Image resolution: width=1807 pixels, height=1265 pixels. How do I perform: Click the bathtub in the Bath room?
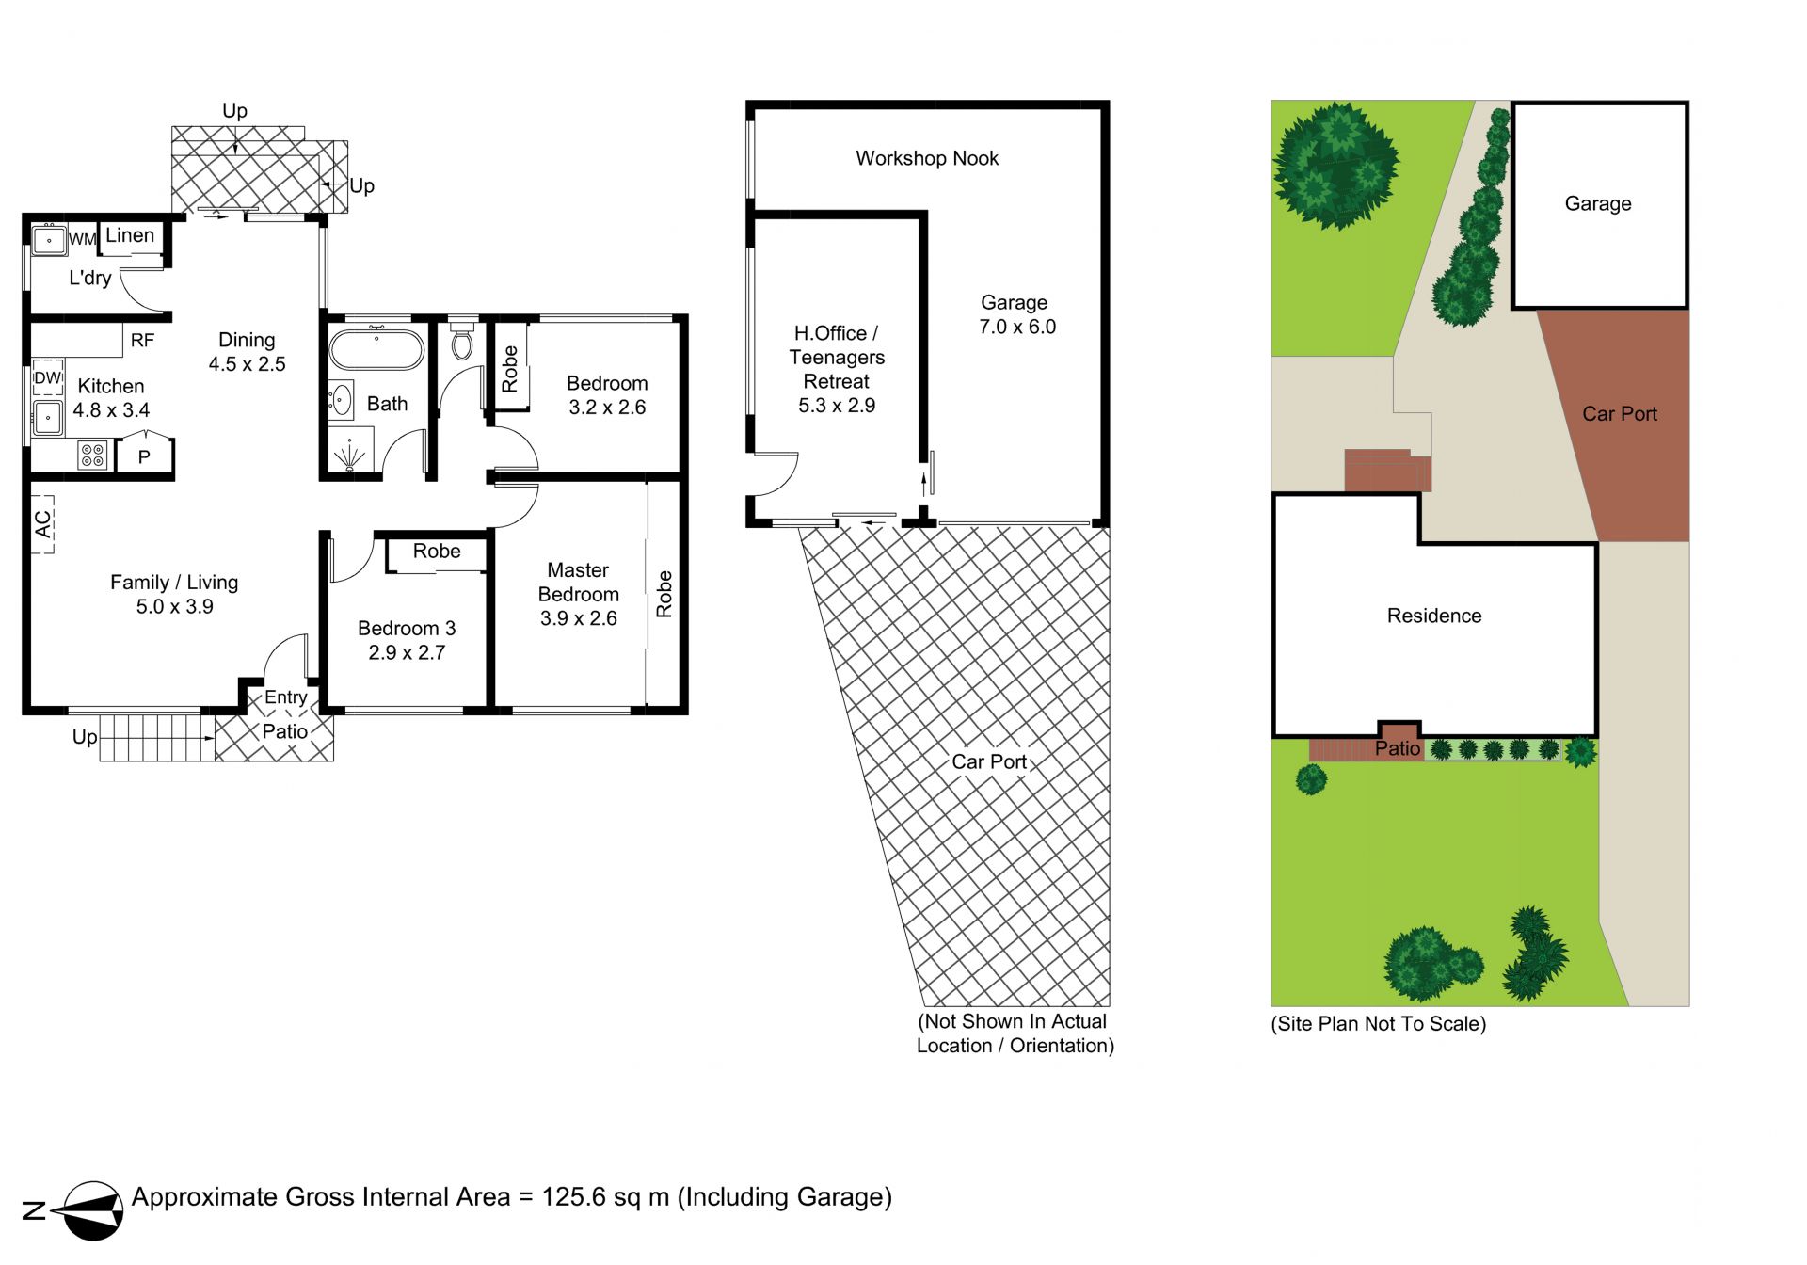click(x=376, y=349)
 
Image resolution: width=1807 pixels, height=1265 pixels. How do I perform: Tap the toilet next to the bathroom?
click(x=461, y=342)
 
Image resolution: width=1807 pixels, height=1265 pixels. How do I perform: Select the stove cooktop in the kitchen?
click(x=92, y=456)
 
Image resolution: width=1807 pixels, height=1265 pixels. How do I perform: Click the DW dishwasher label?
click(x=47, y=378)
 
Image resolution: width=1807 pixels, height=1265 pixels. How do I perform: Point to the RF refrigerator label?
click(x=142, y=341)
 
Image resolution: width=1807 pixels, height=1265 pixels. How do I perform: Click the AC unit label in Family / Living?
click(x=43, y=524)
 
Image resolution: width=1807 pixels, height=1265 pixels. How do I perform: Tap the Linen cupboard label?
click(x=130, y=235)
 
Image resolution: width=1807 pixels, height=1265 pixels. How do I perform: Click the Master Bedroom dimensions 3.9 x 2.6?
click(x=579, y=618)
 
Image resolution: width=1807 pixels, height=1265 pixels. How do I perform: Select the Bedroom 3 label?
click(x=407, y=628)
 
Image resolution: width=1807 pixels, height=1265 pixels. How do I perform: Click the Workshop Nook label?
click(x=927, y=158)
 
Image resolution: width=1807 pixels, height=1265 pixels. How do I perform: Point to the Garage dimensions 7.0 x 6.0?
click(x=1017, y=327)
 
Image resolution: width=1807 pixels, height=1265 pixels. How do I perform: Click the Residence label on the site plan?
click(x=1434, y=616)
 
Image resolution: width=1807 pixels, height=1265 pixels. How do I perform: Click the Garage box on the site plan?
click(x=1599, y=205)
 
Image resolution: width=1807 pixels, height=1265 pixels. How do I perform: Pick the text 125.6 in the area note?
click(x=573, y=1197)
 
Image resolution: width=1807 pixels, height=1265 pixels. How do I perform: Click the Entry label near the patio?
click(x=286, y=697)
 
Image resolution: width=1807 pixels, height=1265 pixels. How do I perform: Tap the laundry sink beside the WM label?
click(x=49, y=240)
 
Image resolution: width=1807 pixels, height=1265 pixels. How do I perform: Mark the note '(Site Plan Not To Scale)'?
click(x=1379, y=1024)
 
